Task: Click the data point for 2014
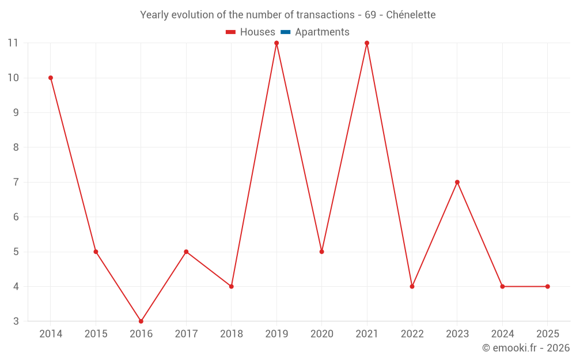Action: click(x=51, y=78)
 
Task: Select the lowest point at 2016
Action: click(x=141, y=321)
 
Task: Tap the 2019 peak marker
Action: click(x=276, y=43)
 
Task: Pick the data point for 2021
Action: click(x=367, y=43)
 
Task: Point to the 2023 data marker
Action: click(x=457, y=182)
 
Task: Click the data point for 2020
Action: click(x=321, y=252)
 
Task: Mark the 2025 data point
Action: click(x=547, y=286)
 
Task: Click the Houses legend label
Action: click(x=257, y=32)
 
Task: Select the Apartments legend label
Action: click(x=322, y=32)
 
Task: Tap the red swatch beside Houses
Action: click(x=231, y=32)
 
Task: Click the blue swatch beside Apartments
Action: click(x=285, y=32)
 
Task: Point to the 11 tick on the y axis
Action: click(x=13, y=43)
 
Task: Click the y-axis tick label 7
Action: click(x=16, y=182)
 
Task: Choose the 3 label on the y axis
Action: click(x=16, y=321)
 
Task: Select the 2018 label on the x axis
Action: click(x=231, y=334)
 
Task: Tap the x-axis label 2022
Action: click(x=412, y=334)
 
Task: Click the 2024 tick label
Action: click(x=502, y=334)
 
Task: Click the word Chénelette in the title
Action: click(x=411, y=14)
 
